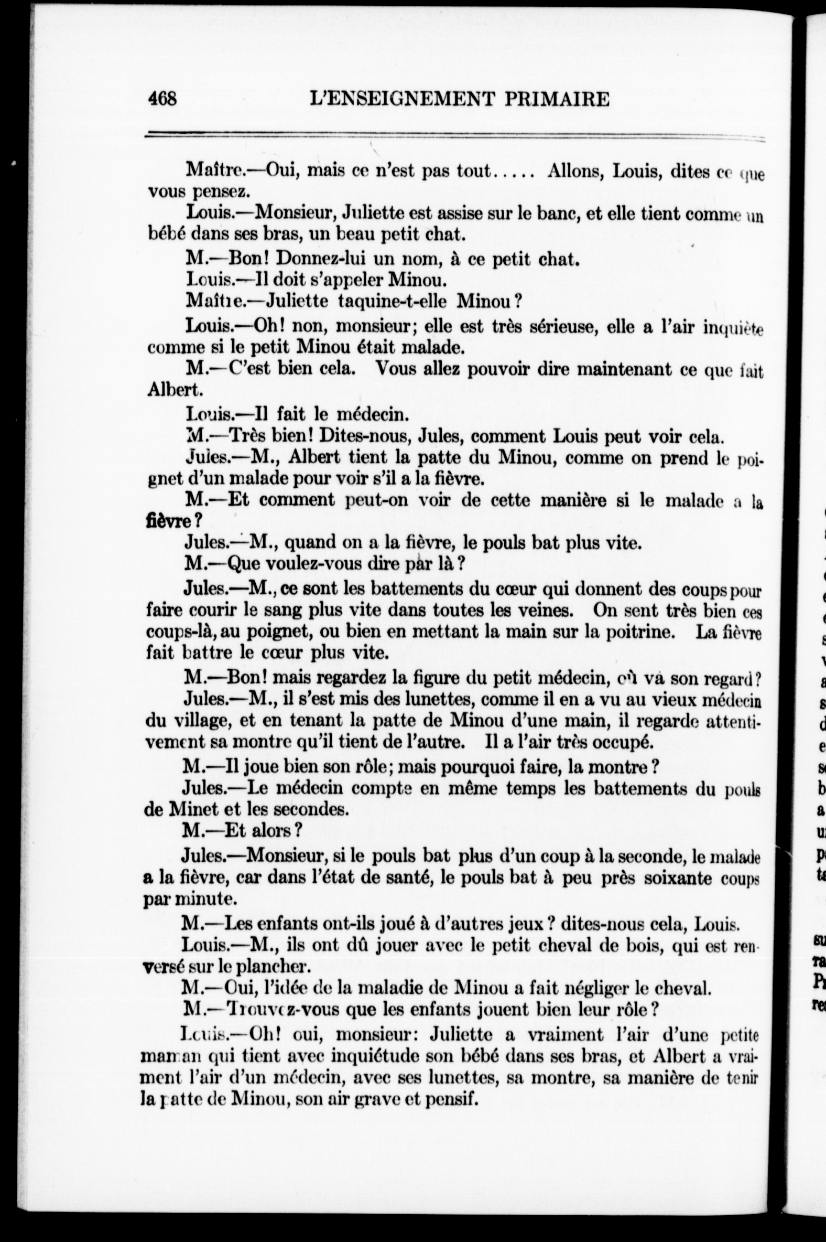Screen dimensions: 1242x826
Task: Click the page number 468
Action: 163,99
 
